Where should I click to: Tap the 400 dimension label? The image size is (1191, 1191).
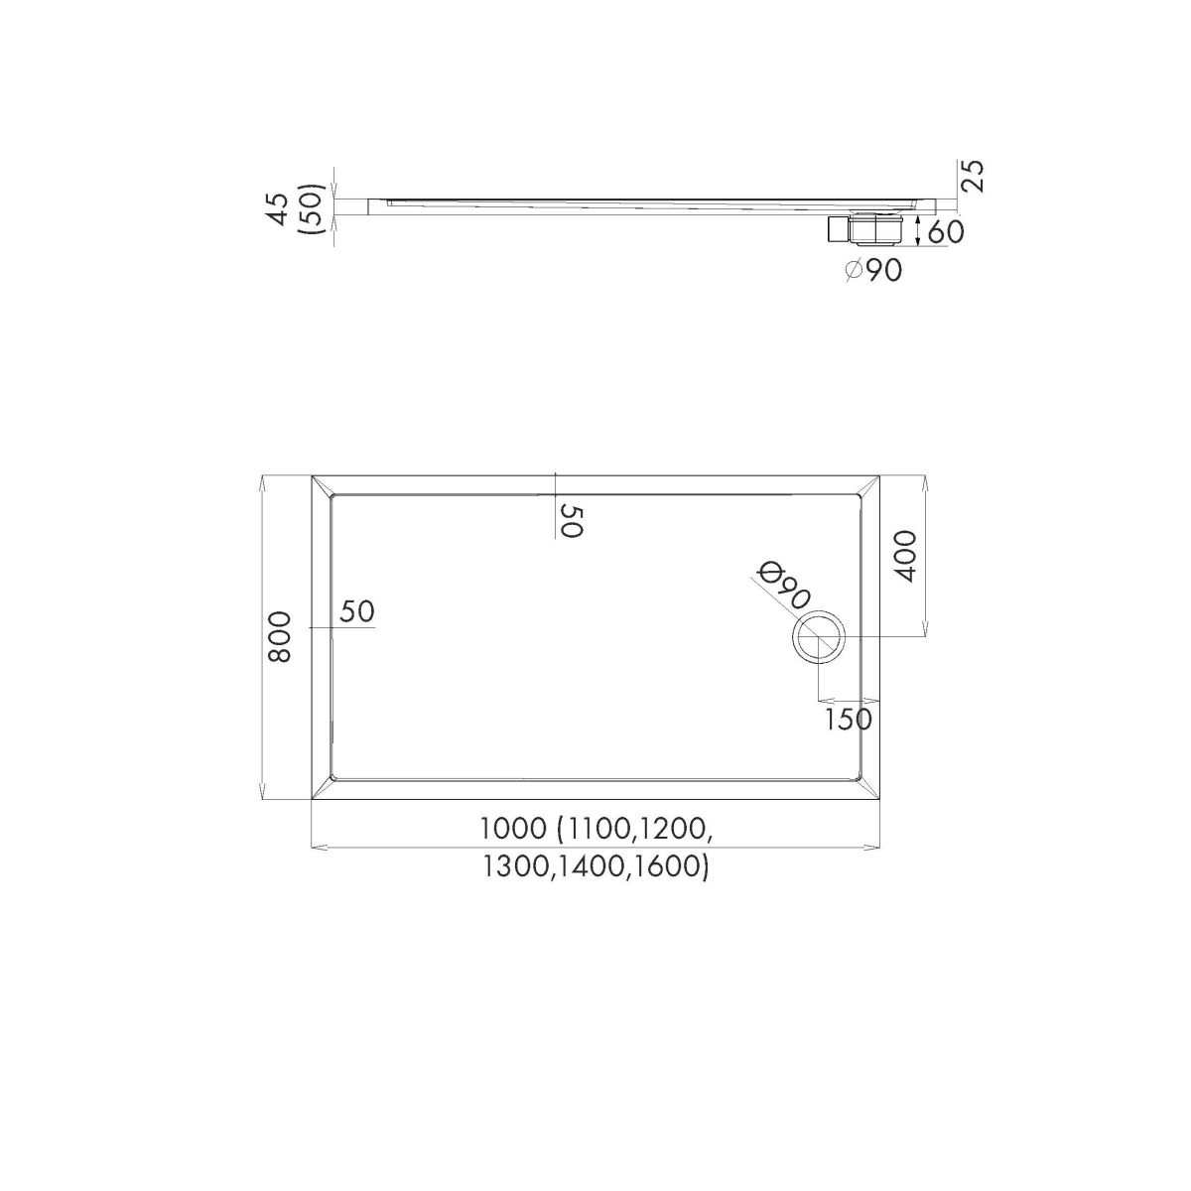click(x=907, y=556)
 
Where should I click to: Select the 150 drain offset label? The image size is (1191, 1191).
click(x=849, y=719)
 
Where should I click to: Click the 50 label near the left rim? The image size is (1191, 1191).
click(x=357, y=611)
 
